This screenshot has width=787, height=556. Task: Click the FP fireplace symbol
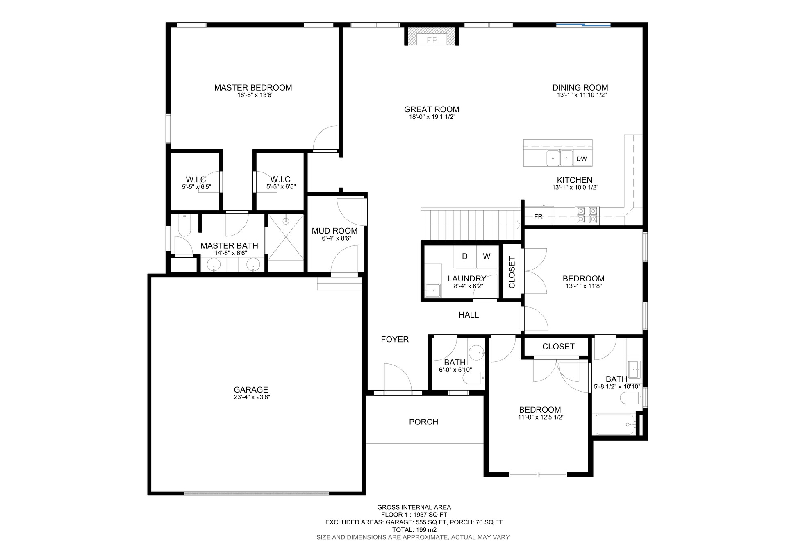point(432,40)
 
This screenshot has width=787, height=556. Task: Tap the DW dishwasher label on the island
point(581,159)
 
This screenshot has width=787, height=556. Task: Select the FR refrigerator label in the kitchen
point(538,216)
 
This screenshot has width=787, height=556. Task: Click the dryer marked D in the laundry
point(465,256)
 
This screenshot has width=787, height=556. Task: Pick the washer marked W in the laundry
point(487,256)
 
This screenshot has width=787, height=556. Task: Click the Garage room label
point(251,390)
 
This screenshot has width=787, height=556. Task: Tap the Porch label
point(423,422)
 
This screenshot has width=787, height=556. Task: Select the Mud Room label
point(334,231)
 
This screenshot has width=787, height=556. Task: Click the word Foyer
point(395,339)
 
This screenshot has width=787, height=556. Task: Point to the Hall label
point(469,315)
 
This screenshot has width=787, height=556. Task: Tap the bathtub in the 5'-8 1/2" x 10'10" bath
point(615,424)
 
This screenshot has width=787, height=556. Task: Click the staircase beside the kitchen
point(471,224)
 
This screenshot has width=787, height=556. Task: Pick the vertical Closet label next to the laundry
point(512,272)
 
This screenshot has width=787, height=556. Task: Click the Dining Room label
point(580,87)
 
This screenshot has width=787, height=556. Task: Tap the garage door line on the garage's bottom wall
point(256,493)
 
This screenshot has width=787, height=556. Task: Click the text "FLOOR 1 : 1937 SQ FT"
point(414,515)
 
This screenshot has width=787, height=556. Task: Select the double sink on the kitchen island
point(560,158)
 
